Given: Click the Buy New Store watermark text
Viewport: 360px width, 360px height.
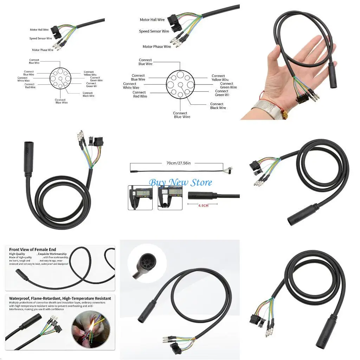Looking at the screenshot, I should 180,182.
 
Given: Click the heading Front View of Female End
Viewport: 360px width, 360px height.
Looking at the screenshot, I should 33,250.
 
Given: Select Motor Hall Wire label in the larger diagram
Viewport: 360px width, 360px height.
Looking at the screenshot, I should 152,20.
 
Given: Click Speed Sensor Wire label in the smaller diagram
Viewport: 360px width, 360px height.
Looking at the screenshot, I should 40,38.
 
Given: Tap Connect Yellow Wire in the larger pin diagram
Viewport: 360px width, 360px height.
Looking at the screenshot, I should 220,78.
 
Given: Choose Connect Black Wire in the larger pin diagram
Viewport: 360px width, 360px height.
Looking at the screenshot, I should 218,106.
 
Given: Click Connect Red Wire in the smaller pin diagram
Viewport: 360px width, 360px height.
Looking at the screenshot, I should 30,86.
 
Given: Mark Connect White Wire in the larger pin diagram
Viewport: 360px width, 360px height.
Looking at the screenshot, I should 131,86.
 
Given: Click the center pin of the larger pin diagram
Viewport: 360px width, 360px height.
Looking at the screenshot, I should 180,84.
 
